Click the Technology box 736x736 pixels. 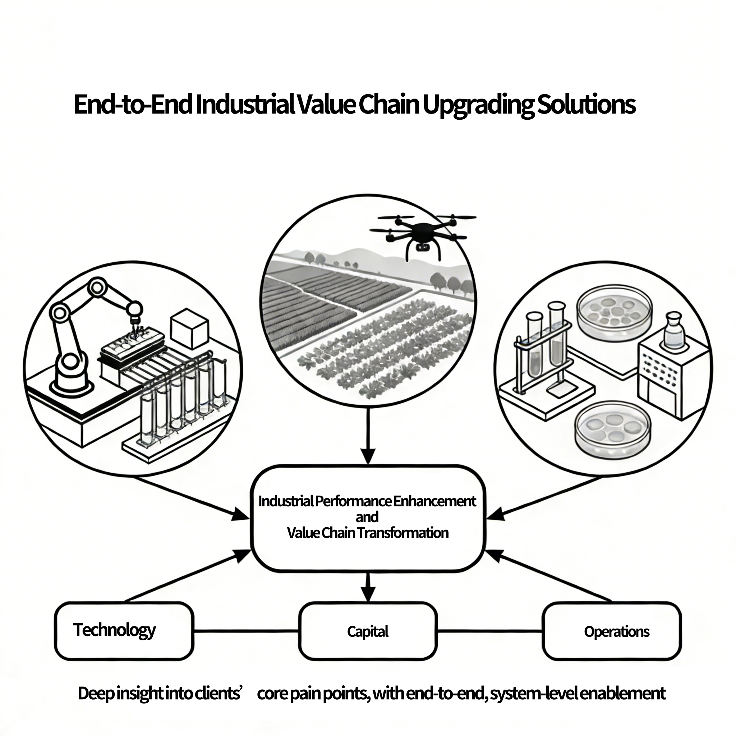[124, 631]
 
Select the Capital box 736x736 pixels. [368, 631]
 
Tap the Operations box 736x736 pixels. [612, 631]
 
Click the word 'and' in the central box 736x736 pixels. [367, 517]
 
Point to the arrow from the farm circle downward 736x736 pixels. [368, 436]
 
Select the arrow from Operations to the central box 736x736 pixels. [548, 576]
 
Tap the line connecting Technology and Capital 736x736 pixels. [246, 631]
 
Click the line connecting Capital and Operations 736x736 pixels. [489, 631]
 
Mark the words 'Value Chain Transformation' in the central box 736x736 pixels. [368, 533]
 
